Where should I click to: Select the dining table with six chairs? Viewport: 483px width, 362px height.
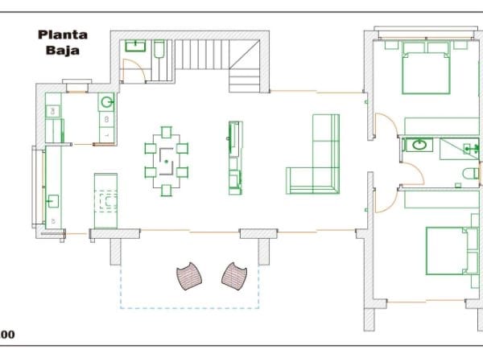tap(166, 161)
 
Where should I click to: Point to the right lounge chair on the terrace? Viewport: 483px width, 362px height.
tap(233, 275)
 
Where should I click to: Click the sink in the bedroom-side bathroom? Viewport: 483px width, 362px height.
tap(418, 145)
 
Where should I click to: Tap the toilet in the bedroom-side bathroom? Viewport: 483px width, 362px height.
tap(471, 173)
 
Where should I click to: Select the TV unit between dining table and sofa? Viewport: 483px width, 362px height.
tap(235, 157)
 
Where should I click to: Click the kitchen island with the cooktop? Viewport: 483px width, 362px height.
tap(106, 200)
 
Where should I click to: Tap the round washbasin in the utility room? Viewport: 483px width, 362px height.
tap(106, 103)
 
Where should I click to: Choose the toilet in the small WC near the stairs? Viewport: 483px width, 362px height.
tap(159, 51)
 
